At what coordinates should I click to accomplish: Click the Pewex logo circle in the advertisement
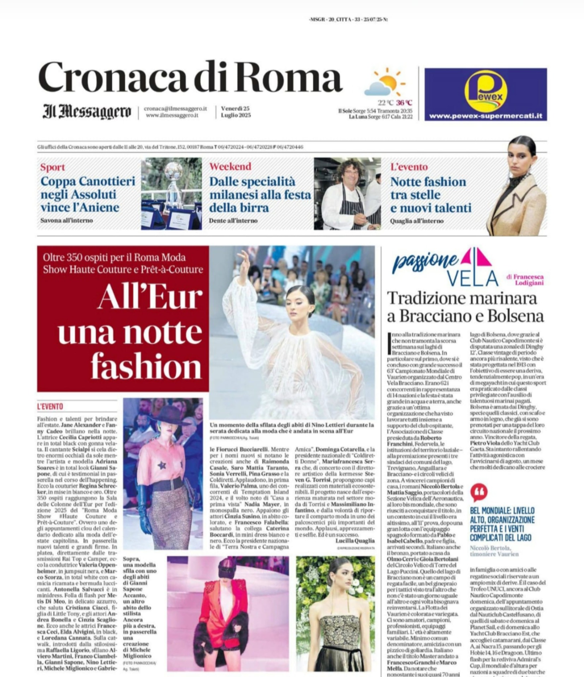pos(485,91)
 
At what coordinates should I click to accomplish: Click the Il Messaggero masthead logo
pos(87,112)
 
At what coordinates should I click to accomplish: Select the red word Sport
pos(53,167)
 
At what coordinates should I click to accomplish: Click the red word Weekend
pos(230,166)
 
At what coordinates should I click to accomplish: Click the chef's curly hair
pos(349,170)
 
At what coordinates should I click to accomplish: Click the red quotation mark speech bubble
pos(479,492)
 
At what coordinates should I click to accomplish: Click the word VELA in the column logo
pos(473,278)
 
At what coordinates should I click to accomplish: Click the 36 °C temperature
pos(404,103)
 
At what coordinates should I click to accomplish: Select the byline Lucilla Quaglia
pos(355,541)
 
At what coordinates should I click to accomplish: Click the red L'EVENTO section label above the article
pos(50,407)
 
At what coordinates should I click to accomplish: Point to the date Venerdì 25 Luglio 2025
pos(236,112)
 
